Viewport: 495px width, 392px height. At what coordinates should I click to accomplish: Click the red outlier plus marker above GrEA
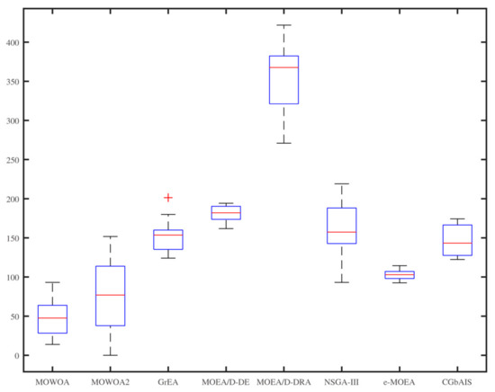(x=168, y=198)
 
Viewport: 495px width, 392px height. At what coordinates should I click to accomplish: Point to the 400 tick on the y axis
(x=14, y=42)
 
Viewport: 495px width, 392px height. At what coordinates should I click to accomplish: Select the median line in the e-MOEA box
(x=400, y=274)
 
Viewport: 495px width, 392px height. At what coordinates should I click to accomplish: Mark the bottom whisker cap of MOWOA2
(x=111, y=355)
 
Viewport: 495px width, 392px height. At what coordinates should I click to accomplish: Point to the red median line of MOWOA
(x=52, y=318)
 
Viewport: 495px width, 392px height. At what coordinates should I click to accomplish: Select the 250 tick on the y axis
(x=14, y=160)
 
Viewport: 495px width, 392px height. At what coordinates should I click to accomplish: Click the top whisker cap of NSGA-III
(x=342, y=184)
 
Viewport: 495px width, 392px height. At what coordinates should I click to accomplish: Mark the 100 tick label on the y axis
(x=14, y=278)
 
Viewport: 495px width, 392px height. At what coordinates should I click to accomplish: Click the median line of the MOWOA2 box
(x=111, y=295)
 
